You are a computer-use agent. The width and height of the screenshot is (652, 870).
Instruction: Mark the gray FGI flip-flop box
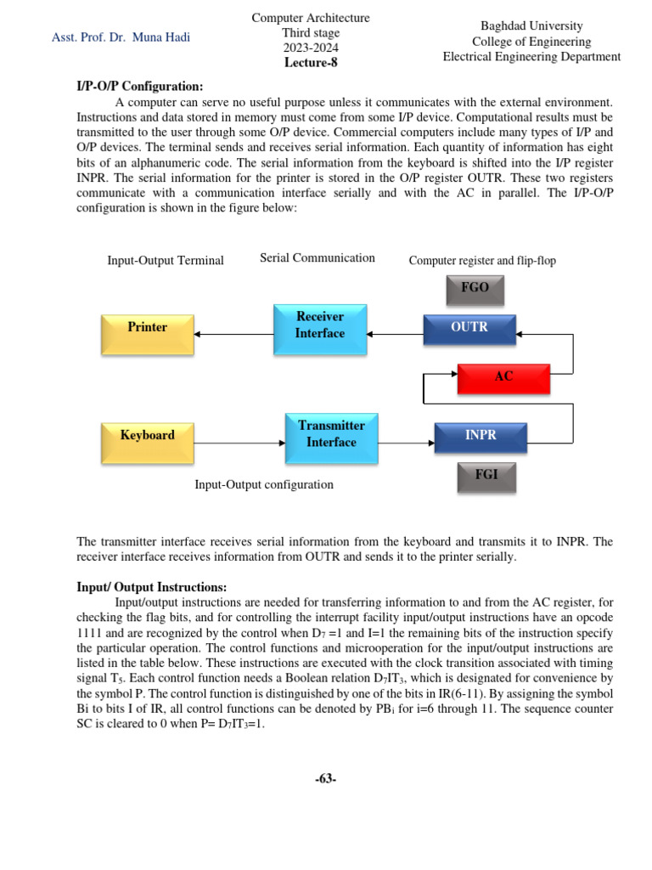pyautogui.click(x=486, y=477)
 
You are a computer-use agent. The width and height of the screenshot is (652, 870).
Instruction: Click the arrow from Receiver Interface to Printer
pyautogui.click(x=233, y=334)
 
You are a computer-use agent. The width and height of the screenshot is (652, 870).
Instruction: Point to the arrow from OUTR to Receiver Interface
pyautogui.click(x=396, y=334)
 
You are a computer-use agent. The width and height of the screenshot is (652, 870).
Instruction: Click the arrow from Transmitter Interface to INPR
pyautogui.click(x=406, y=443)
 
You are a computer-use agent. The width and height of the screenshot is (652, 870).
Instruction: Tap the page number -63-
pyautogui.click(x=325, y=778)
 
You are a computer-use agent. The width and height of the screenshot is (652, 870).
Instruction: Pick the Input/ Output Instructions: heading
pyautogui.click(x=152, y=587)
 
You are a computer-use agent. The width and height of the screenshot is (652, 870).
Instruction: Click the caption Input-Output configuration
pyautogui.click(x=264, y=484)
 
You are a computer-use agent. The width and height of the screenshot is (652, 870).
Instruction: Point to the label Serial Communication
pyautogui.click(x=318, y=257)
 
